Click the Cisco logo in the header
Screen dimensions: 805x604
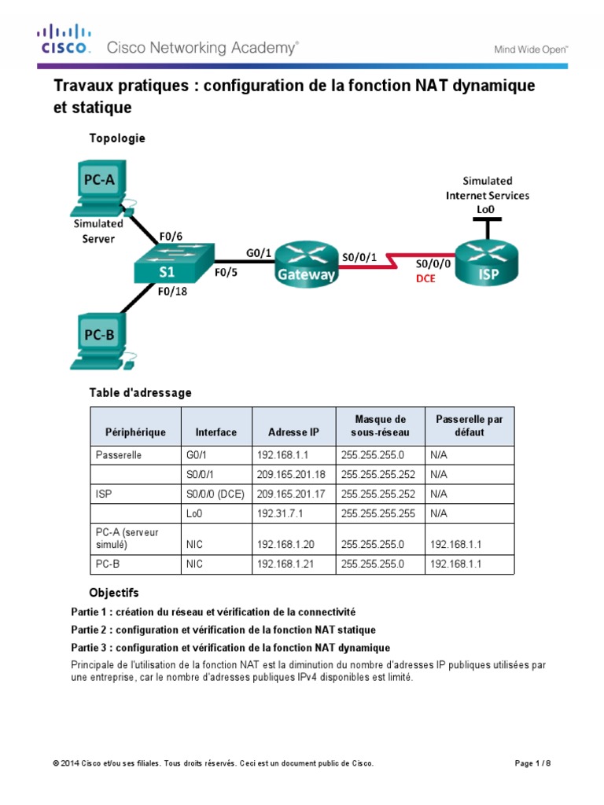[64, 39]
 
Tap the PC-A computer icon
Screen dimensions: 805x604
[101, 189]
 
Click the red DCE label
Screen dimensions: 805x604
[425, 278]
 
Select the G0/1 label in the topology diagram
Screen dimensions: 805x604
[259, 252]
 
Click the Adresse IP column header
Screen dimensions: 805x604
[293, 432]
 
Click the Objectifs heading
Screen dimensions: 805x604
[114, 592]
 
